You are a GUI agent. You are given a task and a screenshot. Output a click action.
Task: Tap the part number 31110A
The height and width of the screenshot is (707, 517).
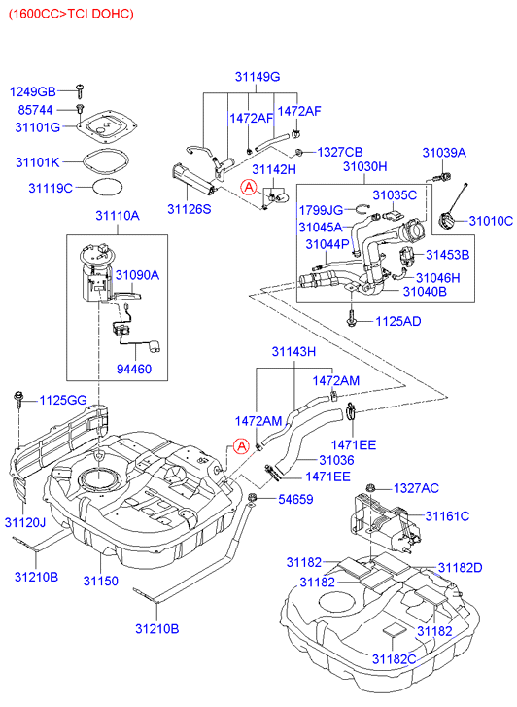pyautogui.click(x=116, y=216)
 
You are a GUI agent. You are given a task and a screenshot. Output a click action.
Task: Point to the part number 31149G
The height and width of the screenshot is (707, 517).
pyautogui.click(x=256, y=76)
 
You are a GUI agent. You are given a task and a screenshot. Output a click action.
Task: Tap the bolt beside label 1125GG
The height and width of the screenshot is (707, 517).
pyautogui.click(x=18, y=398)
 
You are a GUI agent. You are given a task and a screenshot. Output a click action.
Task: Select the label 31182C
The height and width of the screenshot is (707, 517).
pyautogui.click(x=394, y=660)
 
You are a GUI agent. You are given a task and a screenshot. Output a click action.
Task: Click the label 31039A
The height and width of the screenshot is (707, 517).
pyautogui.click(x=443, y=153)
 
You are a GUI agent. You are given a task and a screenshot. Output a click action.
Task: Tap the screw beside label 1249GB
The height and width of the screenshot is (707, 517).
pyautogui.click(x=82, y=90)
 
